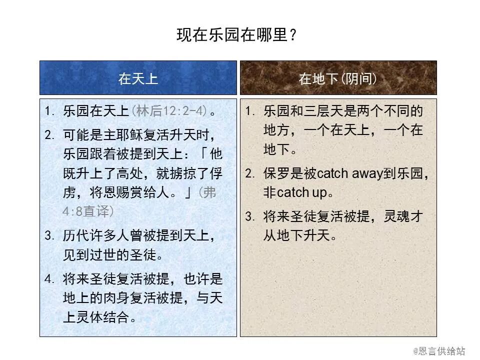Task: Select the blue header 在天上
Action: tap(138, 78)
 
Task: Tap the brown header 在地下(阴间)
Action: tap(337, 78)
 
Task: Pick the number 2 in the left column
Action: tap(49, 135)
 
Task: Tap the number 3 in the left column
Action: tap(49, 236)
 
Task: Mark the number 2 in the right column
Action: tap(249, 174)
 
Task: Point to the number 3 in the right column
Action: tap(249, 217)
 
